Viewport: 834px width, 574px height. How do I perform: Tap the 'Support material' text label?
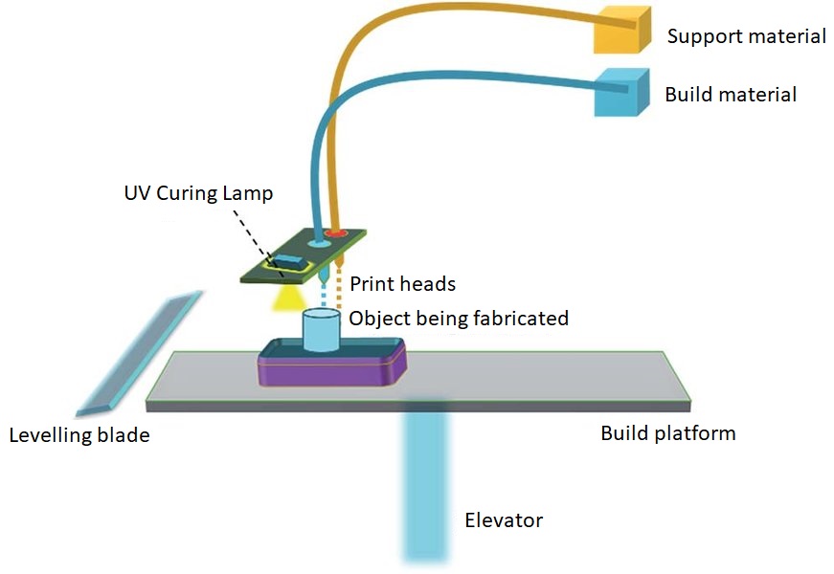[746, 37]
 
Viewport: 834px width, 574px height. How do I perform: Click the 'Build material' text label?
[731, 95]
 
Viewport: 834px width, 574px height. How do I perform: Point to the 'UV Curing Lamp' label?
[198, 193]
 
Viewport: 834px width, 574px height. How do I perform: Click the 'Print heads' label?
[402, 284]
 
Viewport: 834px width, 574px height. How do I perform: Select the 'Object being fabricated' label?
[459, 318]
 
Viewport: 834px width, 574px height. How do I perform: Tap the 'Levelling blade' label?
[79, 435]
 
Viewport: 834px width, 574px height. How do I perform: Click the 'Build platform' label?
[667, 433]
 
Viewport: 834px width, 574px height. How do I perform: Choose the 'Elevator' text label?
[504, 520]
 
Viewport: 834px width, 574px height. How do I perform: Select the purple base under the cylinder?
[329, 368]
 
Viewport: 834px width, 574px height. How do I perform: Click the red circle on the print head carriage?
[335, 232]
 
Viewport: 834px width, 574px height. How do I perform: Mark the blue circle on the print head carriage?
[317, 243]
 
